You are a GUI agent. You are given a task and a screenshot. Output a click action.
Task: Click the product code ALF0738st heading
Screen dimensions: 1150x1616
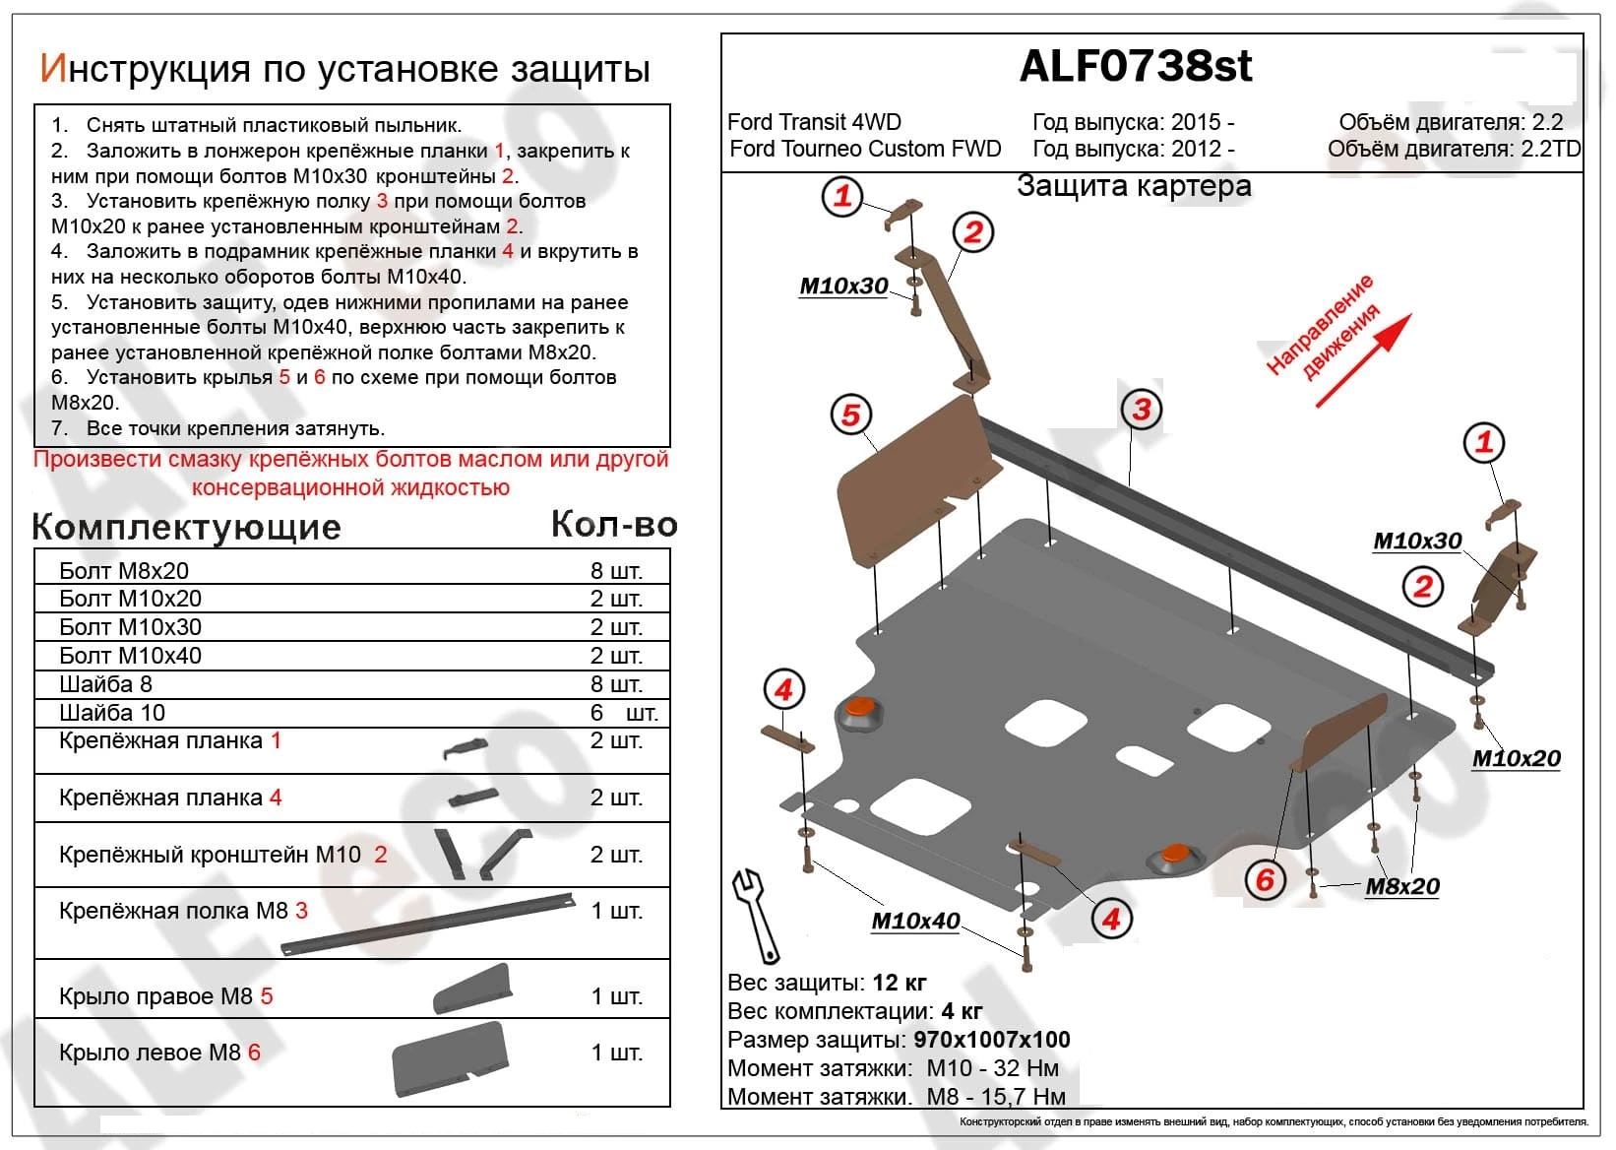tap(1136, 66)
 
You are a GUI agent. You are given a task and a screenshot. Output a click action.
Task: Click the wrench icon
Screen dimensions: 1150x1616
tap(755, 914)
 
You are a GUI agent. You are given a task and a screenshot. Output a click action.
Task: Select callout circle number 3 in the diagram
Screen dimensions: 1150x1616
tap(1142, 409)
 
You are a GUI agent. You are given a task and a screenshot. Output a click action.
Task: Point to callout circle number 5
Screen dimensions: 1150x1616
tap(851, 414)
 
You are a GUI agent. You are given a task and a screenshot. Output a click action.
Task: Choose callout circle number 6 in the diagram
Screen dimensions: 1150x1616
tap(1266, 879)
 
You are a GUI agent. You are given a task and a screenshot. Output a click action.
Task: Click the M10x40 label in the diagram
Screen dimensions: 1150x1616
tap(915, 921)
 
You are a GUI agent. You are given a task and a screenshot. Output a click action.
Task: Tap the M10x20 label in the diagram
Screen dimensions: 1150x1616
tap(1516, 758)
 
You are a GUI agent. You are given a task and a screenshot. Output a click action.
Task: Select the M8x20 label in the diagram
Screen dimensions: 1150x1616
tap(1402, 886)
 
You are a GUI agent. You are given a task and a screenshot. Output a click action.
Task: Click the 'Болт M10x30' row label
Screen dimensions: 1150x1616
tap(130, 627)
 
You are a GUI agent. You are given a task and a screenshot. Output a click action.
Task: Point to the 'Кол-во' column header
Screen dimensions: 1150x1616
tap(614, 525)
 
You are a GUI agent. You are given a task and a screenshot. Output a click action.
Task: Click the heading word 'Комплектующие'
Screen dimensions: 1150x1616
tap(187, 528)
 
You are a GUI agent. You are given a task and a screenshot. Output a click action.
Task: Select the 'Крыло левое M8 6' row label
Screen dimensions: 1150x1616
tap(159, 1053)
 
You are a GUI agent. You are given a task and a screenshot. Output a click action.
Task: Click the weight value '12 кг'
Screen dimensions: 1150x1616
tap(900, 983)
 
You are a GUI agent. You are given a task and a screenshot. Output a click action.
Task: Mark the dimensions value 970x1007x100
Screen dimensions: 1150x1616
tap(991, 1040)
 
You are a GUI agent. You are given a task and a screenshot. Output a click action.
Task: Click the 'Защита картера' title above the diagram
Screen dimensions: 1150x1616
tap(1134, 186)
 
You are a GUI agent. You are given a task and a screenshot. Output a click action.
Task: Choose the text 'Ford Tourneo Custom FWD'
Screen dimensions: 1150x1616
tap(865, 149)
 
